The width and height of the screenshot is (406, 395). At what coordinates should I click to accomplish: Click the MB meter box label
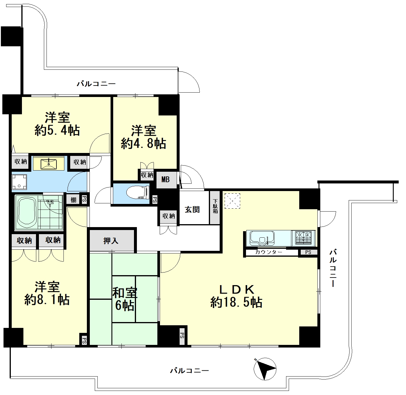click(x=165, y=179)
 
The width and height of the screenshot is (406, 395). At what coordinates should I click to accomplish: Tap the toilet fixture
click(x=138, y=193)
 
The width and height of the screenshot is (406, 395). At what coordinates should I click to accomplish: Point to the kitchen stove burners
click(x=303, y=239)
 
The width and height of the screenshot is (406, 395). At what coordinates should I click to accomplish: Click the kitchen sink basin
click(x=262, y=238)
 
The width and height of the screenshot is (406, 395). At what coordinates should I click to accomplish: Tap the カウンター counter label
click(x=269, y=252)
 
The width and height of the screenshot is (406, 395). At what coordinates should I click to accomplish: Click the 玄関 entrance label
click(x=192, y=210)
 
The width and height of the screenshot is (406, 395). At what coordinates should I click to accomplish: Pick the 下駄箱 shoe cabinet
click(x=215, y=208)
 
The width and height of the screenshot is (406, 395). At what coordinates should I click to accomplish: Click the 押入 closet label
click(x=111, y=241)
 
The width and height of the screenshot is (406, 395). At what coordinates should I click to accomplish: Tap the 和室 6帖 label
click(x=125, y=299)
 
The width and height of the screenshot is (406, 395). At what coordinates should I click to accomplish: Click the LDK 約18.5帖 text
click(x=236, y=296)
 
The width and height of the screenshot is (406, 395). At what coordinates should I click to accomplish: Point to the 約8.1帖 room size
click(x=47, y=300)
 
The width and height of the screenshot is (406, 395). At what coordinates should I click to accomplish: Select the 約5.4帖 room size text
click(x=57, y=130)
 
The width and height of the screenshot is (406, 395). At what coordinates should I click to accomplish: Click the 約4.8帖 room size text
click(x=144, y=144)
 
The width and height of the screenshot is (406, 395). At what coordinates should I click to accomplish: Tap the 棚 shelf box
click(x=73, y=200)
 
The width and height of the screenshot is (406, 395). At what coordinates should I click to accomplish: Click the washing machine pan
click(x=19, y=182)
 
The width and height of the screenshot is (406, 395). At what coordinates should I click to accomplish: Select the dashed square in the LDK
click(x=232, y=201)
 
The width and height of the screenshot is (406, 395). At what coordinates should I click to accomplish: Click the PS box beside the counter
click(x=308, y=252)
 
